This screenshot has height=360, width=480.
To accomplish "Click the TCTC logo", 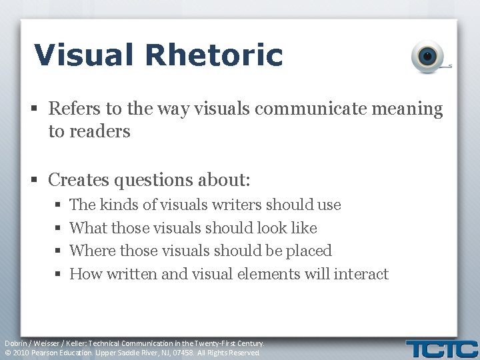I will (442, 349).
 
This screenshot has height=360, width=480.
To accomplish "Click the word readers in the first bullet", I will (89, 131).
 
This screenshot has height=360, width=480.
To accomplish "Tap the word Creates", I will (79, 180).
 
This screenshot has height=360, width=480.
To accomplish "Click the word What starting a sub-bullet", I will (87, 228).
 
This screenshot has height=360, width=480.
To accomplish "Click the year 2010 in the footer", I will (21, 353).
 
